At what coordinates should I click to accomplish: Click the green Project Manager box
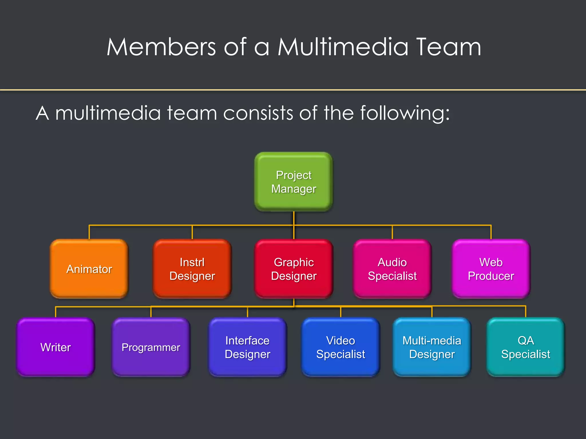click(294, 182)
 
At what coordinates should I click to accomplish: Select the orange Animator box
click(89, 269)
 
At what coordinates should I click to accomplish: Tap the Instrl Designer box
click(192, 269)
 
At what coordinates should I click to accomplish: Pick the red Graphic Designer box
click(294, 269)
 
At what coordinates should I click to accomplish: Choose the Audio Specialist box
click(392, 269)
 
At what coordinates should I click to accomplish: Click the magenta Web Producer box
click(491, 269)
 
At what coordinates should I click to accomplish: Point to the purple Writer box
click(56, 347)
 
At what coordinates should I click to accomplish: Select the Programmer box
click(151, 347)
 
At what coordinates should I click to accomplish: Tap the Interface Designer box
click(248, 347)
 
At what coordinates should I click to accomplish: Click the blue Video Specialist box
click(340, 347)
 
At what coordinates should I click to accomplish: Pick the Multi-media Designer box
click(432, 347)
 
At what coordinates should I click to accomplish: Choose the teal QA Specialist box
click(526, 347)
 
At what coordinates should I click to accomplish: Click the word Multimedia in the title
click(343, 47)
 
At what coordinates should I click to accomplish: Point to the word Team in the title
click(448, 47)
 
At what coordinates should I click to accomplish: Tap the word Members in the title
click(161, 47)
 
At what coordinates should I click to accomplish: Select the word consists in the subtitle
click(258, 113)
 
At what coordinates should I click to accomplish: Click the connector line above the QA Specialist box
click(526, 312)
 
